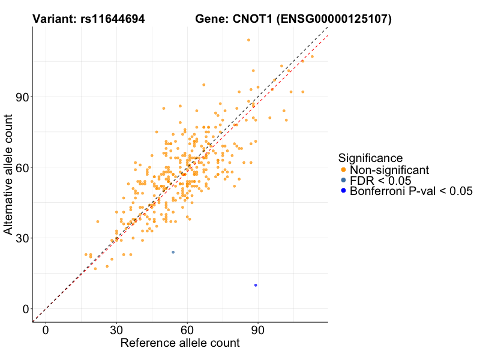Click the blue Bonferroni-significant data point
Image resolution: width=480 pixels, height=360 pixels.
point(256,285)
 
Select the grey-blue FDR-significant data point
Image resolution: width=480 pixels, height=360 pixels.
point(173,252)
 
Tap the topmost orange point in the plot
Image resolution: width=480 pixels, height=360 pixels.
point(248,40)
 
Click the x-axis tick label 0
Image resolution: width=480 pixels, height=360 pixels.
point(46,331)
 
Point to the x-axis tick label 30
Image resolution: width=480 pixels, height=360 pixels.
point(116,331)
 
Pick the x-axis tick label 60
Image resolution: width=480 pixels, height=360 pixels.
point(187,331)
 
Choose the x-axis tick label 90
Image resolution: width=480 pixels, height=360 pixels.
point(258,331)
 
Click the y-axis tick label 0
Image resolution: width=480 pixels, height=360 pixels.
point(25,309)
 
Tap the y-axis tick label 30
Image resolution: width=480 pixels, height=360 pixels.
point(22,238)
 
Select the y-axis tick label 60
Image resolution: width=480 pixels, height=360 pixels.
point(22,167)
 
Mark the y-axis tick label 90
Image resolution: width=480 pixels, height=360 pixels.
point(22,97)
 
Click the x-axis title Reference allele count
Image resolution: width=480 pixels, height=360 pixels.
point(180,344)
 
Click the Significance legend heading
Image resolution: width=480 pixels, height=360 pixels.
point(370,158)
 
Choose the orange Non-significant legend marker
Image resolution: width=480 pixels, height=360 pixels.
point(343,170)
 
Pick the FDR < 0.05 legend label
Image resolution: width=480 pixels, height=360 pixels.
point(380,181)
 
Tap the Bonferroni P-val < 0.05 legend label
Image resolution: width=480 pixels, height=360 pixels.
point(411,191)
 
